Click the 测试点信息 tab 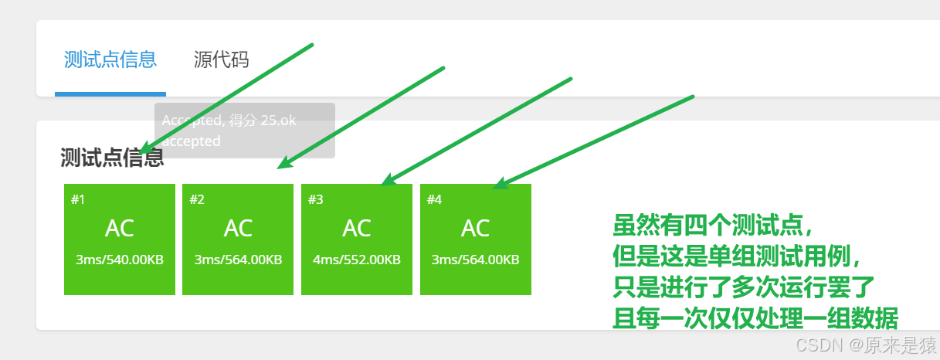click(110, 59)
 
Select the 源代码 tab click(221, 59)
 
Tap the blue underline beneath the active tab click(110, 94)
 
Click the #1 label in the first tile click(78, 199)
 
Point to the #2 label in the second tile click(197, 199)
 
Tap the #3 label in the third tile click(316, 199)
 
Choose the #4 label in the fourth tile click(434, 199)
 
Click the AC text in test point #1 click(120, 228)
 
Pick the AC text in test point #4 click(476, 228)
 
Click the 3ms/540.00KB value click(120, 260)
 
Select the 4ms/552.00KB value click(357, 260)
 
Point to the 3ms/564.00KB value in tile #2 click(238, 260)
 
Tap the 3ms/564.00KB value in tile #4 click(476, 260)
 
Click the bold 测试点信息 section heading click(112, 158)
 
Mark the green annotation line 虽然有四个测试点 click(713, 226)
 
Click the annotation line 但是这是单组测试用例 click(736, 256)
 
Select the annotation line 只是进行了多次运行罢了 click(743, 287)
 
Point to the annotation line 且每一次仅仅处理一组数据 click(755, 318)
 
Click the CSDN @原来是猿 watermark click(866, 345)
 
